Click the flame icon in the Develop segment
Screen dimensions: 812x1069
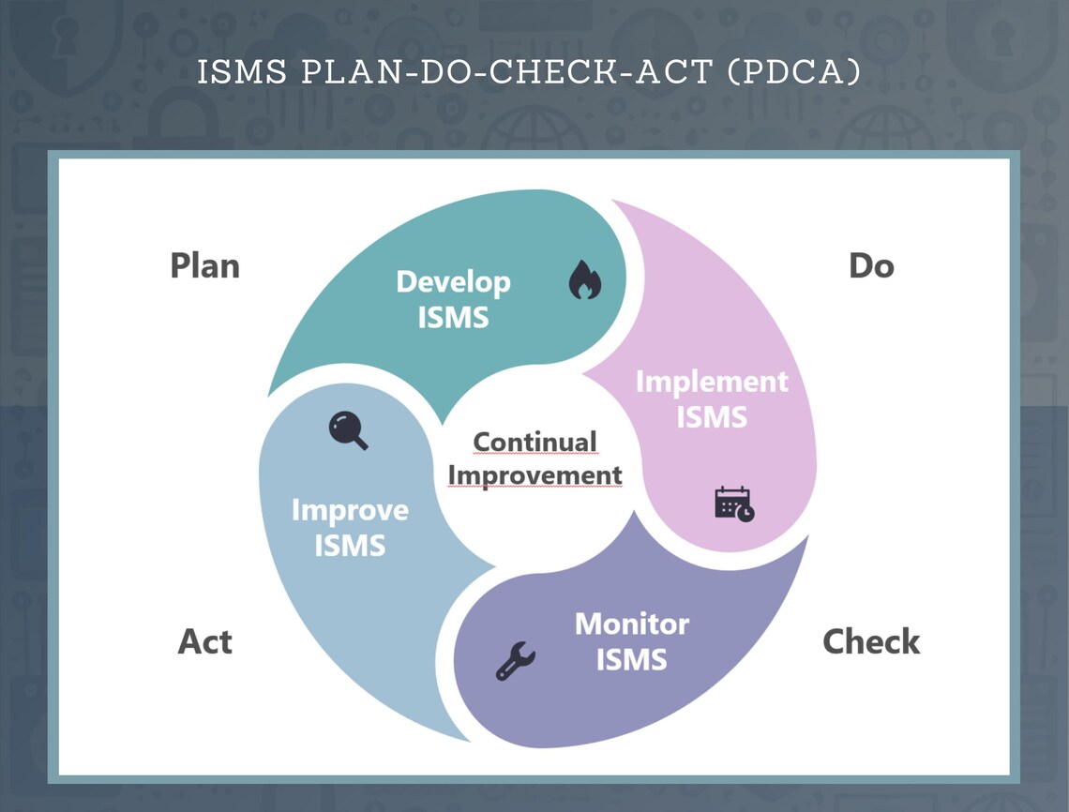[585, 280]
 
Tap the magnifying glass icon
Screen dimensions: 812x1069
[348, 430]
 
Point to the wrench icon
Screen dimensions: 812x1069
[515, 661]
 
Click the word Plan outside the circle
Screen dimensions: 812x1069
[204, 266]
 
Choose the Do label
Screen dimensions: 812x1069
[871, 266]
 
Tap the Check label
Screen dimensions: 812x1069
[871, 642]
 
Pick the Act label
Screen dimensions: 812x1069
[204, 642]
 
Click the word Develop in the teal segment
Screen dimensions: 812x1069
[453, 282]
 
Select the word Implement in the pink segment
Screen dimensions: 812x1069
[712, 382]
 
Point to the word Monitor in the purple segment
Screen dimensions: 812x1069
[631, 624]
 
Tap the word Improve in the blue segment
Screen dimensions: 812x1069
[350, 510]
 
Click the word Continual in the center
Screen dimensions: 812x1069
[534, 442]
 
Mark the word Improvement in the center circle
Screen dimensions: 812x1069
[534, 475]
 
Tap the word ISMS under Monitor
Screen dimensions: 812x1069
[631, 659]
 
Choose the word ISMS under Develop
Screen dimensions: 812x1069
[453, 317]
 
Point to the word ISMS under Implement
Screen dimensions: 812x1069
[712, 416]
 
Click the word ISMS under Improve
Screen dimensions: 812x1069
[350, 545]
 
